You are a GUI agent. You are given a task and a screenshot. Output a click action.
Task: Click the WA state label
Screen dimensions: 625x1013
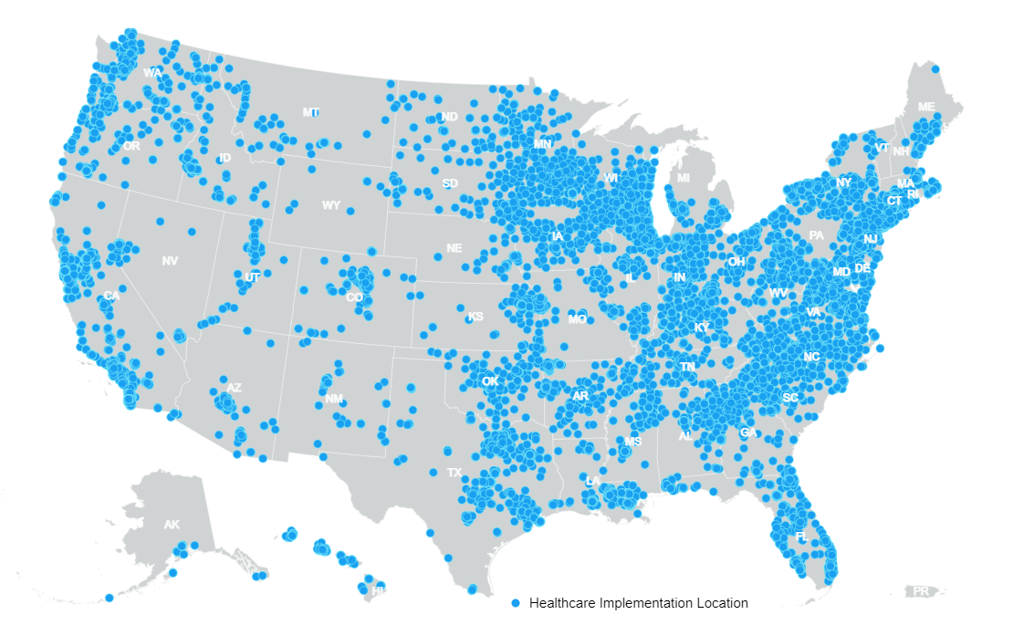[x=152, y=72]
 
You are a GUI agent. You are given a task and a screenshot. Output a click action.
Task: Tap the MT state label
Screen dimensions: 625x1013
[x=311, y=112]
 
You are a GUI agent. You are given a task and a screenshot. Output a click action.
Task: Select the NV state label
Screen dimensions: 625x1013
[x=170, y=262]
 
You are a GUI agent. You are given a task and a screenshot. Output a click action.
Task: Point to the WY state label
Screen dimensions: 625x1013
[x=330, y=205]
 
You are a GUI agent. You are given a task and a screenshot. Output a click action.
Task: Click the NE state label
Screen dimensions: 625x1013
[x=454, y=248]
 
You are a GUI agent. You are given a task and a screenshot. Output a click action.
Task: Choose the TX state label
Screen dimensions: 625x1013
[x=454, y=473]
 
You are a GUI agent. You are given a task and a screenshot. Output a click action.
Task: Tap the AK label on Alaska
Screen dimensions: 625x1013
[x=172, y=525]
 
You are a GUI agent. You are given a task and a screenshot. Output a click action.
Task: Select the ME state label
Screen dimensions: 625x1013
[x=926, y=107]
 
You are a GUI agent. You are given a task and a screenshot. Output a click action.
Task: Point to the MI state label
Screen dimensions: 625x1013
[x=684, y=177]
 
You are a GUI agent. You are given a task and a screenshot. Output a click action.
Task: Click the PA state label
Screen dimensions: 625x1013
[x=816, y=235]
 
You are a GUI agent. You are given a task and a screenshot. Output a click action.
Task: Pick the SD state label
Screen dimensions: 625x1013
[x=450, y=183]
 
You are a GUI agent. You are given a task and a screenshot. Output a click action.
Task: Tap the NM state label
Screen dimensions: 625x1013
[x=333, y=399]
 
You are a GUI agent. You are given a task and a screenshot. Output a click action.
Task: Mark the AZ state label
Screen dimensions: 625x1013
[x=234, y=388]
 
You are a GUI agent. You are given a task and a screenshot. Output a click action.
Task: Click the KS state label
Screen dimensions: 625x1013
[x=475, y=318]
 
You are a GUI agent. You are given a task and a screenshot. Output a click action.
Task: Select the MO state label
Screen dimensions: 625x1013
[x=577, y=319]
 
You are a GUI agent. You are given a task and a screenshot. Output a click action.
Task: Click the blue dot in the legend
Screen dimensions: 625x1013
[x=517, y=603]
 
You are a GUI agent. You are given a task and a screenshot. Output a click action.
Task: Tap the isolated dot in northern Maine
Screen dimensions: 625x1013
[x=935, y=68]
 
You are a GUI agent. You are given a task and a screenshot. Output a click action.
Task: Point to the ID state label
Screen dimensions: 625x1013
[x=225, y=159]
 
